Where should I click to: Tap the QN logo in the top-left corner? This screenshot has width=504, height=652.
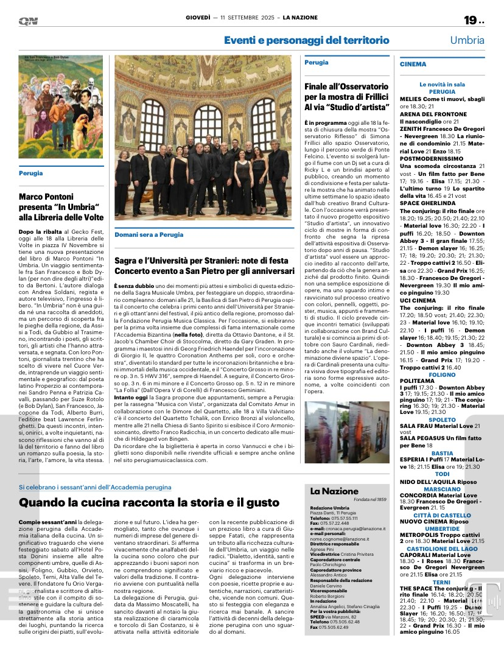tap(27, 20)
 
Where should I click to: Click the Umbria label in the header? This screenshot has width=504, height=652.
tap(467, 40)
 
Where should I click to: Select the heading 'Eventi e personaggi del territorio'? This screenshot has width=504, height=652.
tap(306, 40)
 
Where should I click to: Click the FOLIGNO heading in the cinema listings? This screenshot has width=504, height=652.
tap(442, 340)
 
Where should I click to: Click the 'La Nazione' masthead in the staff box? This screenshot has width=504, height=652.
tap(334, 491)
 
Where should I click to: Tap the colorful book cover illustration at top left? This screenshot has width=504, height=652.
tap(52, 107)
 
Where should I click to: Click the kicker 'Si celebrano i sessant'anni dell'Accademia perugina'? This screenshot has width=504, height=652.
tap(95, 488)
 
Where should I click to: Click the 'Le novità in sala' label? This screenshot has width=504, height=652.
tap(442, 85)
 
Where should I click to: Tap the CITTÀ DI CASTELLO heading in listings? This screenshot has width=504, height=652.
tap(442, 515)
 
